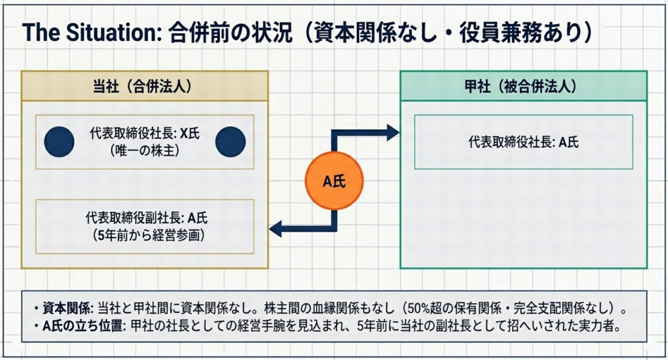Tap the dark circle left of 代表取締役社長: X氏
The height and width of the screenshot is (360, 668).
[x=59, y=142]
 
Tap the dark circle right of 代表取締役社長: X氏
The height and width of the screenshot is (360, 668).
[x=230, y=142]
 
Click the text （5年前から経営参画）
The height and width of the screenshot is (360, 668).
[x=145, y=235]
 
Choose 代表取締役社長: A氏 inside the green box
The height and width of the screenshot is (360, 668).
[x=523, y=142]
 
